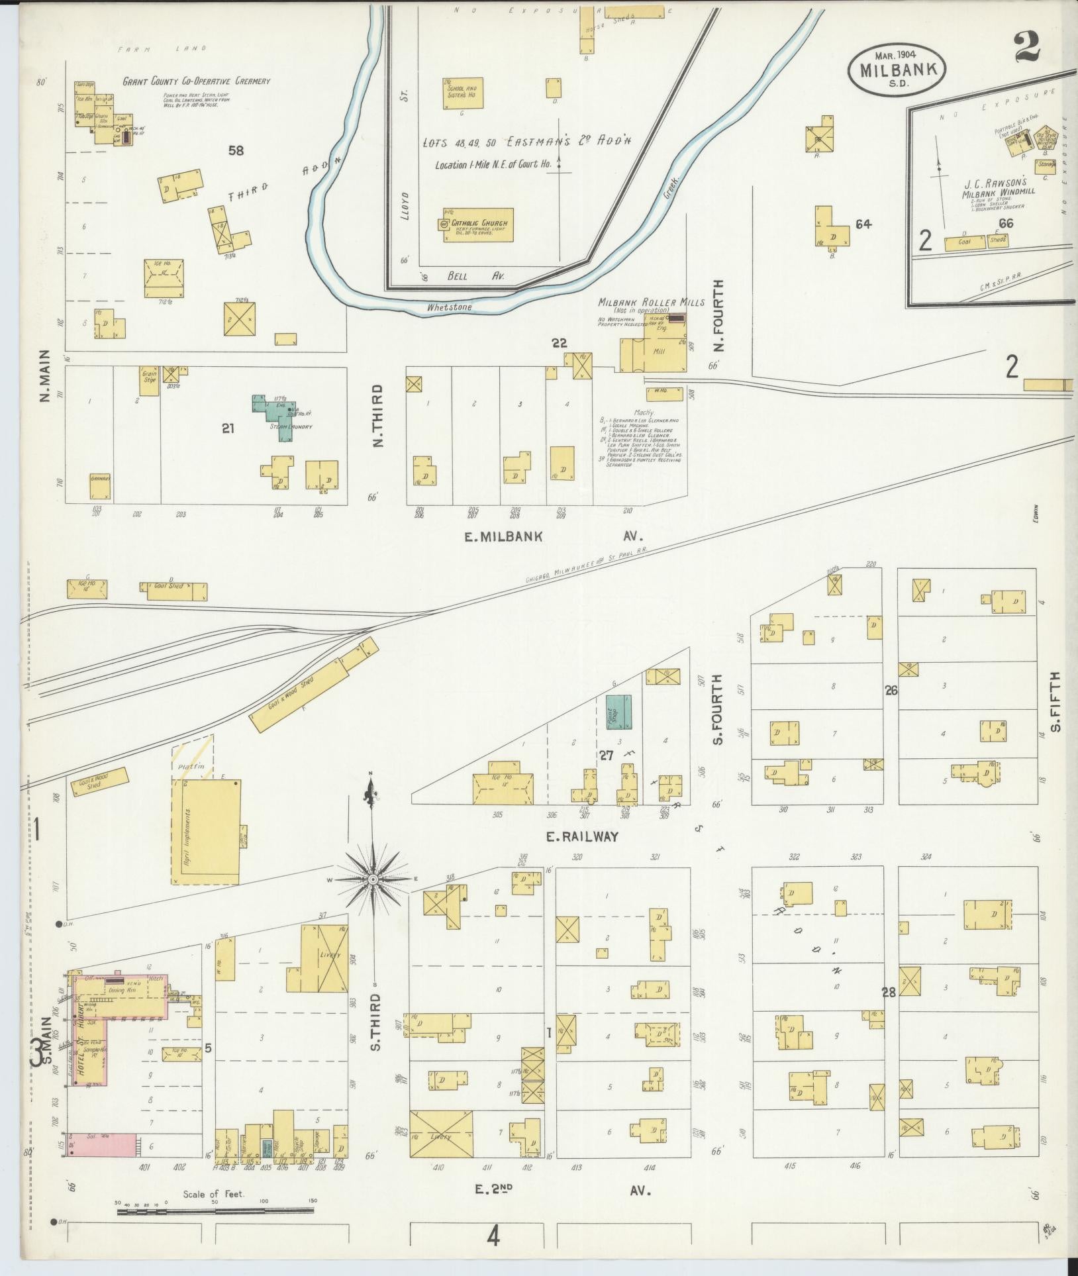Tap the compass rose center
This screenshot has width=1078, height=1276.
[373, 879]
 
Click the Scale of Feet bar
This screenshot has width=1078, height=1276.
[215, 1211]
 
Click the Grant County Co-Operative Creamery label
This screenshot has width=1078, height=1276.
[197, 81]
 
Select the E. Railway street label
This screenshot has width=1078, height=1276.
[582, 836]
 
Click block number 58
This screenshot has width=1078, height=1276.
[236, 150]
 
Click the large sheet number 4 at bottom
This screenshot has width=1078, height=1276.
[493, 1236]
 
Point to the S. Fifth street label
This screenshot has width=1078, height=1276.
[1055, 702]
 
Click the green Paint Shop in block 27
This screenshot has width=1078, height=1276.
[618, 712]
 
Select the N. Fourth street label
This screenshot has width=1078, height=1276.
[720, 315]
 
